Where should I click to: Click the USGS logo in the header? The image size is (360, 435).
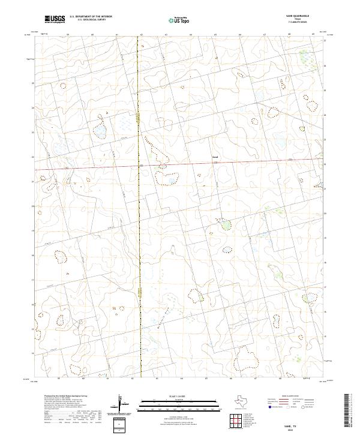55,19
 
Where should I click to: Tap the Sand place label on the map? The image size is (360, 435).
215,158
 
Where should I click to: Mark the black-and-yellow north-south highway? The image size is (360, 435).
140,240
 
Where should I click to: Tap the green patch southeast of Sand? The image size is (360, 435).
226,225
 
